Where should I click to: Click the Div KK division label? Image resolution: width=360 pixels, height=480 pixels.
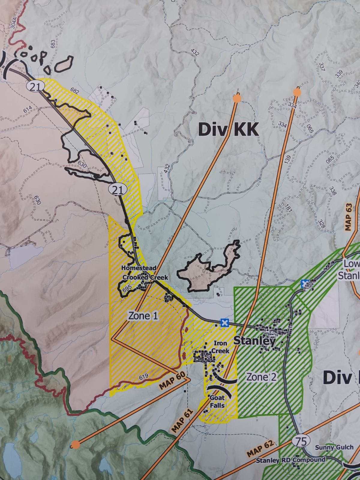point(228,130)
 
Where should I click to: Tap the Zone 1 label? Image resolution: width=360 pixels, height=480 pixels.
point(143,315)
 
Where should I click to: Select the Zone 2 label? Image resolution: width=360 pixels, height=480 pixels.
point(261,377)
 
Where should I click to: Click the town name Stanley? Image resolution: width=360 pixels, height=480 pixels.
point(254,341)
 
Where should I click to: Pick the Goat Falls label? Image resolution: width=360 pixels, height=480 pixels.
point(217,401)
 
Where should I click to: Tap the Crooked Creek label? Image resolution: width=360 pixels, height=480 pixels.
point(145,277)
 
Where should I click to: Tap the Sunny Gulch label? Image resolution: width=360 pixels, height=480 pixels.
point(334,448)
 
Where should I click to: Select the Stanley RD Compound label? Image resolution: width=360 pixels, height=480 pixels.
point(290,460)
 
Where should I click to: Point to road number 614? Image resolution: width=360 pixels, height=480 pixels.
point(28,110)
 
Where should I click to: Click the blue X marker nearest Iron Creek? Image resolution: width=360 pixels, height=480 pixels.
point(224,323)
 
